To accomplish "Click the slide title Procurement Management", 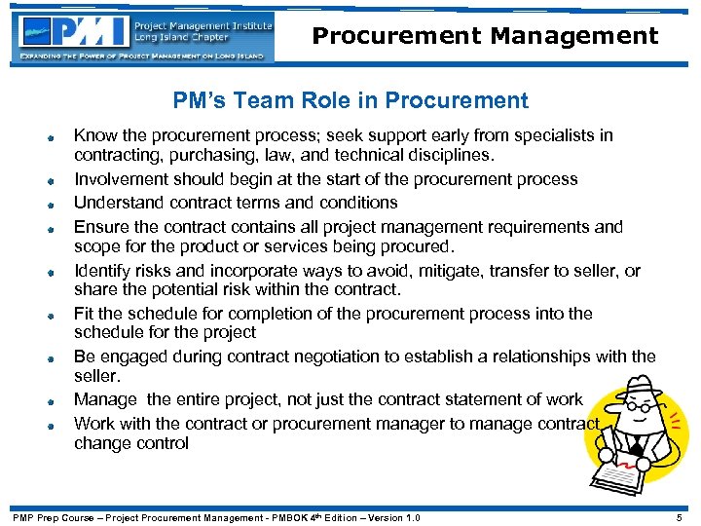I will coord(485,37).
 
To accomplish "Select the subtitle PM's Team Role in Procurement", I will coord(350,100).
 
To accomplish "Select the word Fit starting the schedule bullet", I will coord(85,314).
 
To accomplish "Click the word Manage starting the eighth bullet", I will coord(104,399).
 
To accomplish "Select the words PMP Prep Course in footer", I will coord(55,517).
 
